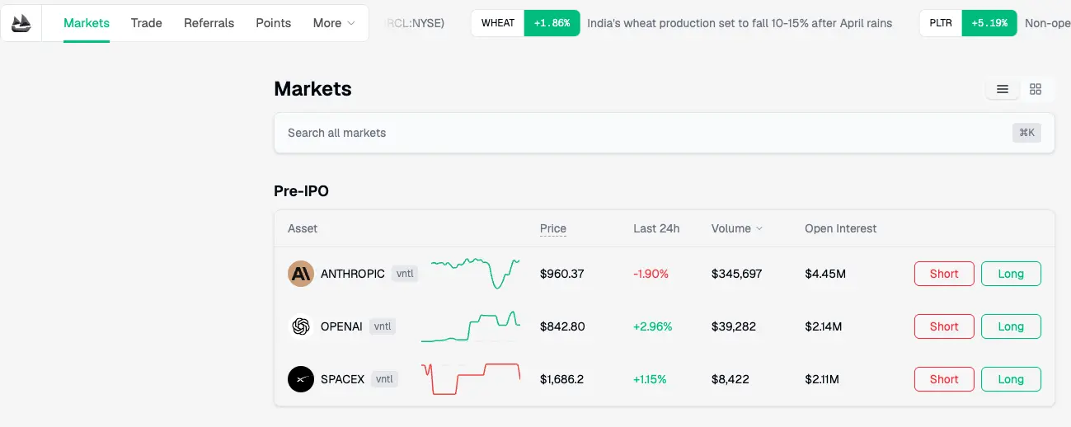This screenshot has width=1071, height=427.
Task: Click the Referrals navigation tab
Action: point(209,23)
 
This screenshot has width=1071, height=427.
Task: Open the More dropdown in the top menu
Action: point(334,23)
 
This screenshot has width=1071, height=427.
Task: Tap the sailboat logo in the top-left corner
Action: point(21,23)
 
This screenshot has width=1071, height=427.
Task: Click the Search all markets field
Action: point(643,133)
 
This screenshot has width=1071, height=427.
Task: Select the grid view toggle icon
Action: point(1036,89)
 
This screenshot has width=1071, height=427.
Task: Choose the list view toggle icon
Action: point(1003,89)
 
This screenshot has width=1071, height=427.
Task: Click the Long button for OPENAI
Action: point(1011,326)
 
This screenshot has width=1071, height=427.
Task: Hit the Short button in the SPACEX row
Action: point(944,379)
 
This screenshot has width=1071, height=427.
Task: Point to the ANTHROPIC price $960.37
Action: point(562,274)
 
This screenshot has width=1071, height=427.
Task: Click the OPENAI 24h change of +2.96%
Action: point(652,326)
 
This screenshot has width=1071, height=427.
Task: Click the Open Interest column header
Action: point(840,228)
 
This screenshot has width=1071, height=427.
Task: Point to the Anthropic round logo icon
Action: point(301,274)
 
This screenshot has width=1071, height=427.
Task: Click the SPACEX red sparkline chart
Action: point(471,379)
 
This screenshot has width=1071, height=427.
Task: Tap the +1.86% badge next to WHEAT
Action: point(552,23)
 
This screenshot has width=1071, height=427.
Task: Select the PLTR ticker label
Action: point(941,23)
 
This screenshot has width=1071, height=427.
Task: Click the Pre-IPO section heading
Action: point(301,191)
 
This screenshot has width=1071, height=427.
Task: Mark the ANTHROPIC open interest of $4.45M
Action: point(825,274)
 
